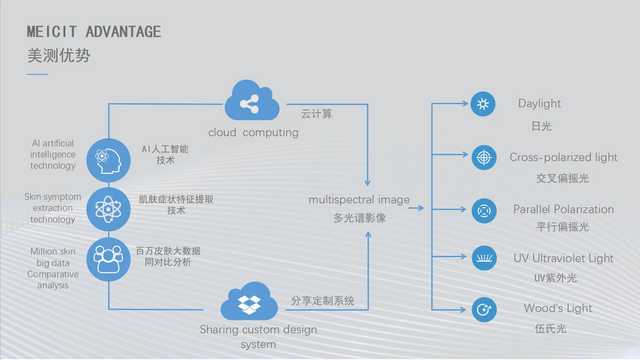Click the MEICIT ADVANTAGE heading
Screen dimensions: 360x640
click(x=94, y=32)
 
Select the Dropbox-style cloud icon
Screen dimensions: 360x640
click(x=249, y=303)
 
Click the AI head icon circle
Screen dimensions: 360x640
click(x=109, y=160)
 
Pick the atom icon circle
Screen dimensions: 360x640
click(x=109, y=209)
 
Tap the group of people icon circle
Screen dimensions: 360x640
click(x=109, y=259)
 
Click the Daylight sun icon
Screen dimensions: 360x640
click(x=483, y=104)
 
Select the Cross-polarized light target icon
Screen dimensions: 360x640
click(x=484, y=158)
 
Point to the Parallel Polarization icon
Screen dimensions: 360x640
click(x=484, y=210)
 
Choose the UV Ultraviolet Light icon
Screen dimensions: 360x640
click(x=484, y=258)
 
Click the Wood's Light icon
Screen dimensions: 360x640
click(x=484, y=310)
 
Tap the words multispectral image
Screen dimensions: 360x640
click(x=359, y=200)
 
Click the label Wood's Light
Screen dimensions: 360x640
click(x=558, y=308)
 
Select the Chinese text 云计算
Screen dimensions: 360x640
click(x=316, y=114)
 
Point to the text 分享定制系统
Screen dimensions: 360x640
click(x=323, y=301)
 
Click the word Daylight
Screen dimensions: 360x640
click(x=539, y=104)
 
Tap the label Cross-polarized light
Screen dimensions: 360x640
click(x=563, y=158)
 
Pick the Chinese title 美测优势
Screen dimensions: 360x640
click(x=59, y=56)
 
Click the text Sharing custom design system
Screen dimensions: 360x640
click(x=258, y=337)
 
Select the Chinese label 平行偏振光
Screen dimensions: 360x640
click(x=563, y=227)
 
